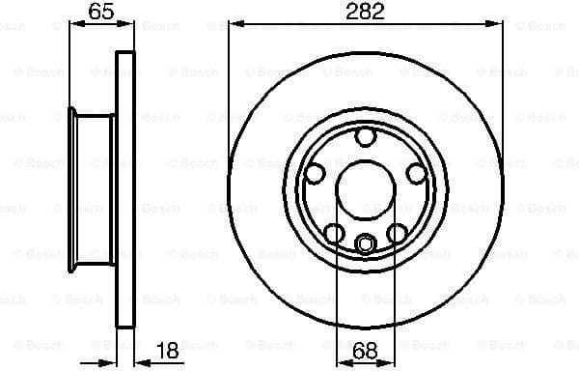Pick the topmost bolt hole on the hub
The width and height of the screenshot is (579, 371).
coord(365,137)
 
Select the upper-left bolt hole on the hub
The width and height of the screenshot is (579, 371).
coord(314,174)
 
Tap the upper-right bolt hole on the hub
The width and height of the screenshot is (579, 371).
coord(416,174)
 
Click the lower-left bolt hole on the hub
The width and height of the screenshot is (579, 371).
coord(333,233)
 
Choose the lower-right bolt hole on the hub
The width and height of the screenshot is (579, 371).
coord(397,233)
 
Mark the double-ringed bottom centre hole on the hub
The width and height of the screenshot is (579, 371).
coord(365,243)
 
